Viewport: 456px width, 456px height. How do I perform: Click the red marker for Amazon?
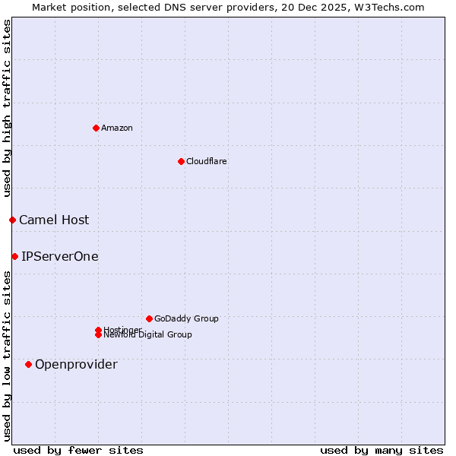(x=96, y=128)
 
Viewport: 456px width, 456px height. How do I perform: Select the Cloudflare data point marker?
(x=181, y=161)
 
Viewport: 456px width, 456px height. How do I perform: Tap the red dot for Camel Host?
(x=12, y=220)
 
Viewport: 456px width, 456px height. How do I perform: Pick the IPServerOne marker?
(x=14, y=256)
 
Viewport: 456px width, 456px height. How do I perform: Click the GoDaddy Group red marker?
(x=149, y=318)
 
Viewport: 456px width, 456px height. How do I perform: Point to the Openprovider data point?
(x=28, y=364)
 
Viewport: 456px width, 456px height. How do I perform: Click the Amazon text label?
(x=116, y=128)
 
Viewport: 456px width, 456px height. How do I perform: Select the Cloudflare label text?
(x=206, y=161)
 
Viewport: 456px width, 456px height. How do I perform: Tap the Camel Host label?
(x=54, y=220)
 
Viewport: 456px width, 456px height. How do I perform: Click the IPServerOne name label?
(x=60, y=256)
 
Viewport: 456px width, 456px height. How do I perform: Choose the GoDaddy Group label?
(x=186, y=318)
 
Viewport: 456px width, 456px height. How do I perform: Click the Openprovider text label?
(x=76, y=364)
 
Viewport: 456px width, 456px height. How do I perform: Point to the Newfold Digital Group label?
(x=147, y=334)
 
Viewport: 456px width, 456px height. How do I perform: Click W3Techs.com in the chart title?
(x=390, y=7)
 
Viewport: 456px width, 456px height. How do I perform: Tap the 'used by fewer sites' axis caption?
(x=78, y=450)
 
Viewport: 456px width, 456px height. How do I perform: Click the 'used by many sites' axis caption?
(x=382, y=450)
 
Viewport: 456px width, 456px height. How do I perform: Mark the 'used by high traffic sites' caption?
(x=7, y=109)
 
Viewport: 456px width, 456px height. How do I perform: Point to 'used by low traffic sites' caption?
(x=7, y=356)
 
